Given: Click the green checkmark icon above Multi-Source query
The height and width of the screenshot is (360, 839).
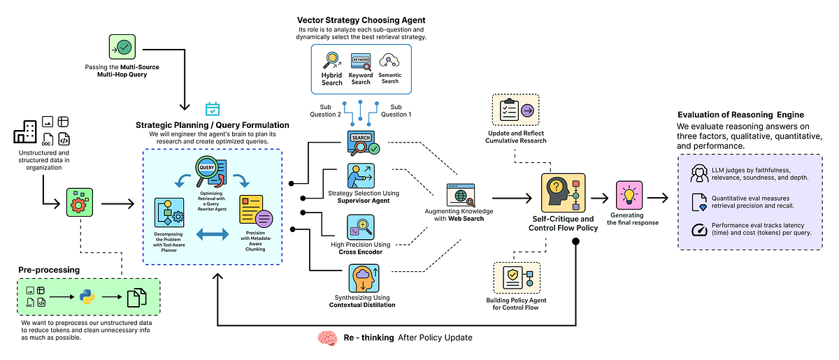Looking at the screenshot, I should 123,48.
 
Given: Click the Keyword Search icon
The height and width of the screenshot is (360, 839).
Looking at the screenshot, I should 361,62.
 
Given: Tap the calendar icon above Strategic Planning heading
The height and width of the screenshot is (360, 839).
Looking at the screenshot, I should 213,108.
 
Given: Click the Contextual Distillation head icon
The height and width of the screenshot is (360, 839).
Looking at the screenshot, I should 361,279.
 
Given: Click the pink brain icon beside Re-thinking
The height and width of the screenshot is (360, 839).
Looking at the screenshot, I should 327,338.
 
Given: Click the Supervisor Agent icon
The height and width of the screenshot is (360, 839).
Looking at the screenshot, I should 361,174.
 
